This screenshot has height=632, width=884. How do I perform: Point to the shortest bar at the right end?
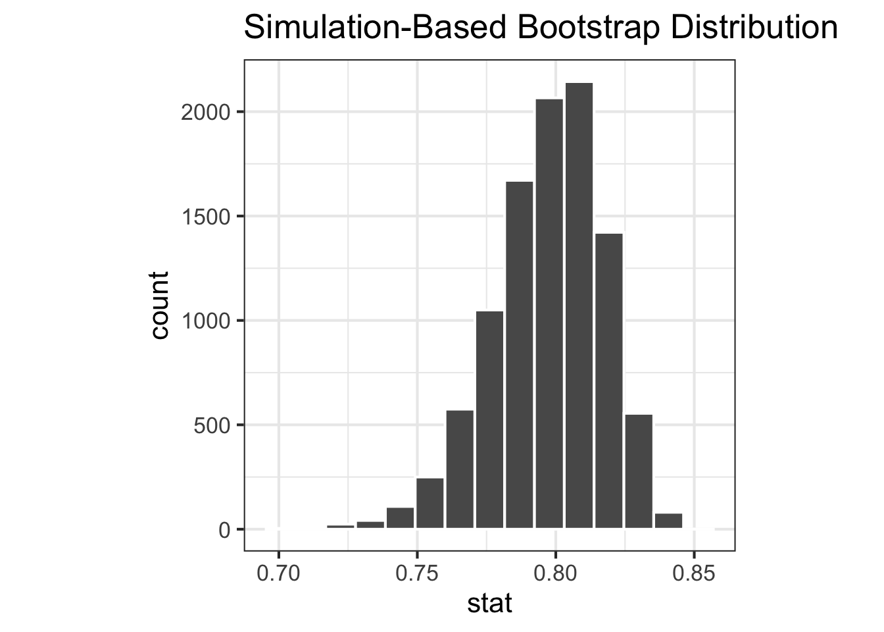tap(668, 521)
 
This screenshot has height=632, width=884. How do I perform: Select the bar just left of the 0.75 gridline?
tap(400, 518)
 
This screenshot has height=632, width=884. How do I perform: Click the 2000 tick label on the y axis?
tap(205, 112)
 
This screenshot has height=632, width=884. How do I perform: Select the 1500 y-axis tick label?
tap(205, 217)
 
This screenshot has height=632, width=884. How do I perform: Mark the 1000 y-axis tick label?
tap(205, 321)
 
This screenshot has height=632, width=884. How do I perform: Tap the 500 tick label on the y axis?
tap(212, 425)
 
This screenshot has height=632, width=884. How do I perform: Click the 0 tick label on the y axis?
tap(224, 530)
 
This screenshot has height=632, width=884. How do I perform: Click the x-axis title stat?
tap(489, 603)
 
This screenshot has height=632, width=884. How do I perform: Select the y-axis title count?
tap(160, 305)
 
